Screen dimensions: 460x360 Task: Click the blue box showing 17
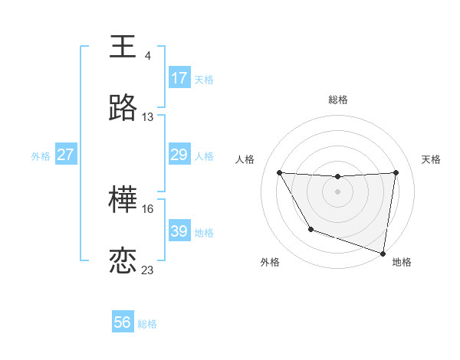[x=179, y=78]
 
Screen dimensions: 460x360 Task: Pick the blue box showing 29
[x=179, y=155]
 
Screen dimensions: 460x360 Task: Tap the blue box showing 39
[x=179, y=231]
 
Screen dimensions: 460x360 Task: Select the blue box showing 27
[x=66, y=155]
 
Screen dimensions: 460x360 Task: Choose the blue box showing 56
[x=123, y=322]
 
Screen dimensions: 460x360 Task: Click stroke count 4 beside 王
[x=148, y=56]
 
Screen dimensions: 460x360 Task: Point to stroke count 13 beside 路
[x=148, y=118]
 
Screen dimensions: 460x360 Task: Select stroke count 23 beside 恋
[x=148, y=270]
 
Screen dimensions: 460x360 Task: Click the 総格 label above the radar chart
[x=338, y=100]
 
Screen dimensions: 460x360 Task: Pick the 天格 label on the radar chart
[x=432, y=159]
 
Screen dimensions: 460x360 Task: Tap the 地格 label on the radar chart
[x=402, y=262]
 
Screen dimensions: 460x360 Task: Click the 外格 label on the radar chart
[x=270, y=262]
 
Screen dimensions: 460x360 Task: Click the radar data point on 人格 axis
[x=279, y=172]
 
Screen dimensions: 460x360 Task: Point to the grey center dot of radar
[x=337, y=191]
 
